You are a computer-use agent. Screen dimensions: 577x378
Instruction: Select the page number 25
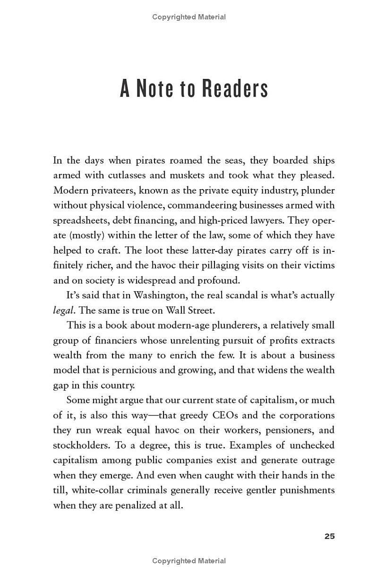(x=329, y=536)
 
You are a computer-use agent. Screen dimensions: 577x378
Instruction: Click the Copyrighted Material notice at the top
(x=189, y=17)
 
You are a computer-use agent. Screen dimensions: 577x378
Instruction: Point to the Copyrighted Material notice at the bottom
(x=189, y=561)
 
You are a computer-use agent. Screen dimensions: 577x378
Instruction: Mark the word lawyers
(x=267, y=220)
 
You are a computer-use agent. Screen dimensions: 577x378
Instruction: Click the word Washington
(x=163, y=295)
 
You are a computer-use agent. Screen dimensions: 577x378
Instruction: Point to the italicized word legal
(x=63, y=310)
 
